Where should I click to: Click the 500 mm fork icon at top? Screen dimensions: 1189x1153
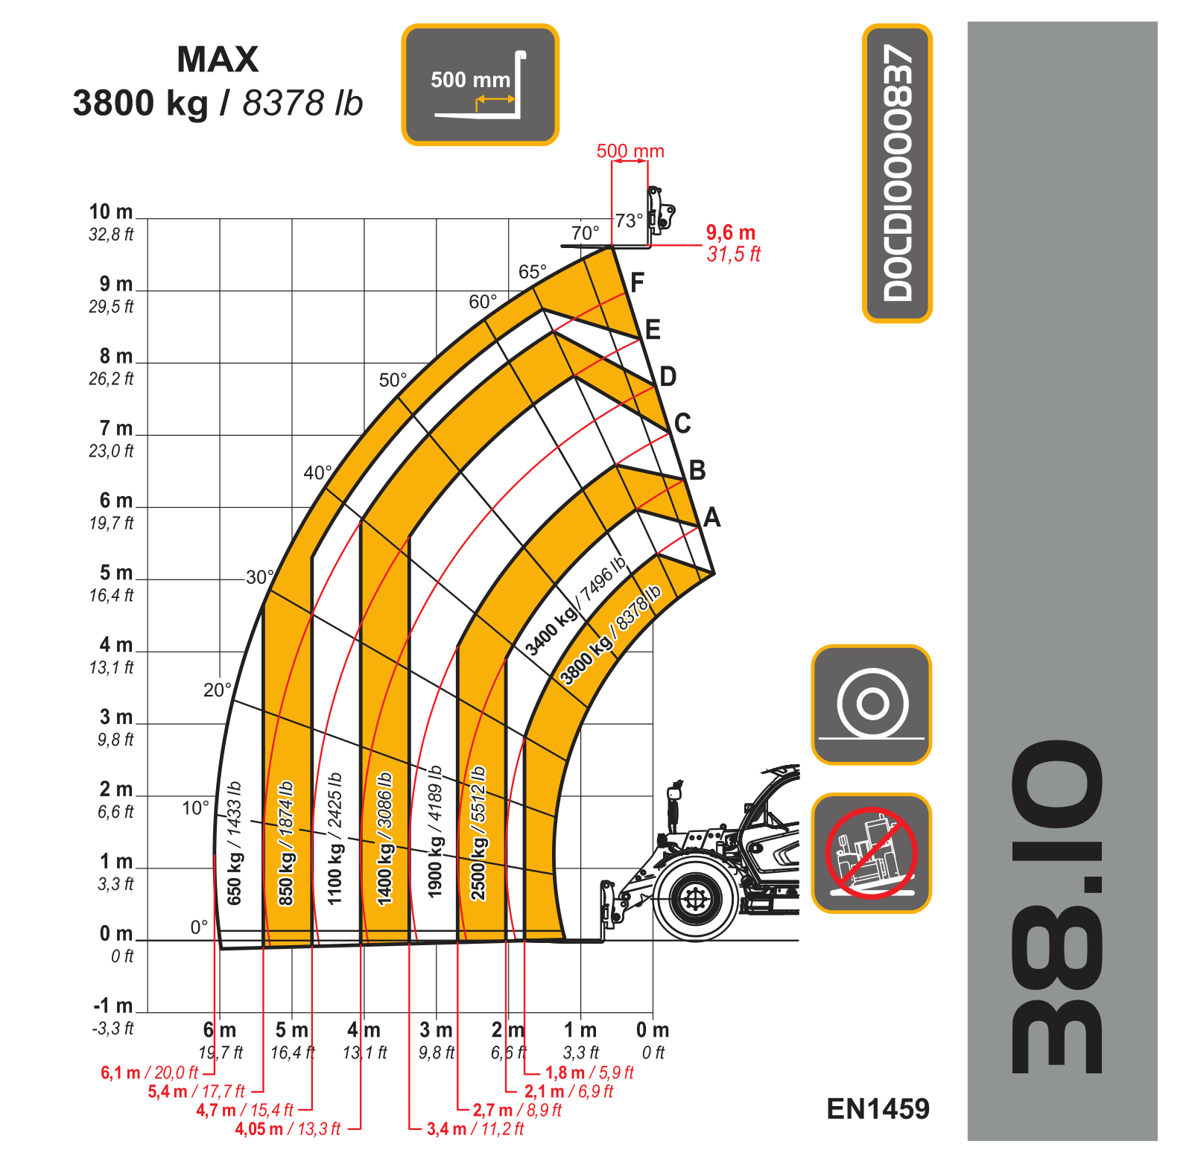coord(480,84)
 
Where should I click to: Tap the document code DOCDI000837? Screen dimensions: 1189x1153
coord(897,173)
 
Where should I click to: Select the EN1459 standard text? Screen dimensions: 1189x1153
coord(878,1109)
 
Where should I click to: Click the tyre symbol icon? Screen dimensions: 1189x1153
coord(871,705)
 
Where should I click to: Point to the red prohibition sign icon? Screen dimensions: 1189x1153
coord(871,853)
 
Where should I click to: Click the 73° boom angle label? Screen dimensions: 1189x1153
coord(629,220)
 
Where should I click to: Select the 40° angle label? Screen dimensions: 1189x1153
coord(317,472)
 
